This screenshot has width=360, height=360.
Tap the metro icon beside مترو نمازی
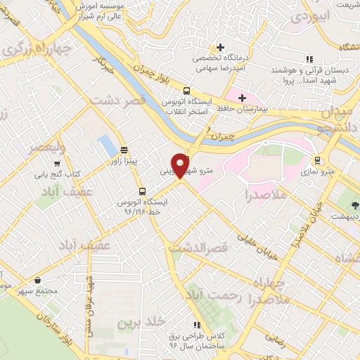[318, 160]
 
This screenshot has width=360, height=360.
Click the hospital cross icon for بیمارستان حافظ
[243, 98]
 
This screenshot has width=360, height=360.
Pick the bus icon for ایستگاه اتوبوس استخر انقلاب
[186, 91]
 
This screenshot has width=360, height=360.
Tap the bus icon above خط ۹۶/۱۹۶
[143, 191]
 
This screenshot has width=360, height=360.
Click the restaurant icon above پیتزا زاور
[124, 150]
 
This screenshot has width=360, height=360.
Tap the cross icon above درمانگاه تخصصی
[221, 48]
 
